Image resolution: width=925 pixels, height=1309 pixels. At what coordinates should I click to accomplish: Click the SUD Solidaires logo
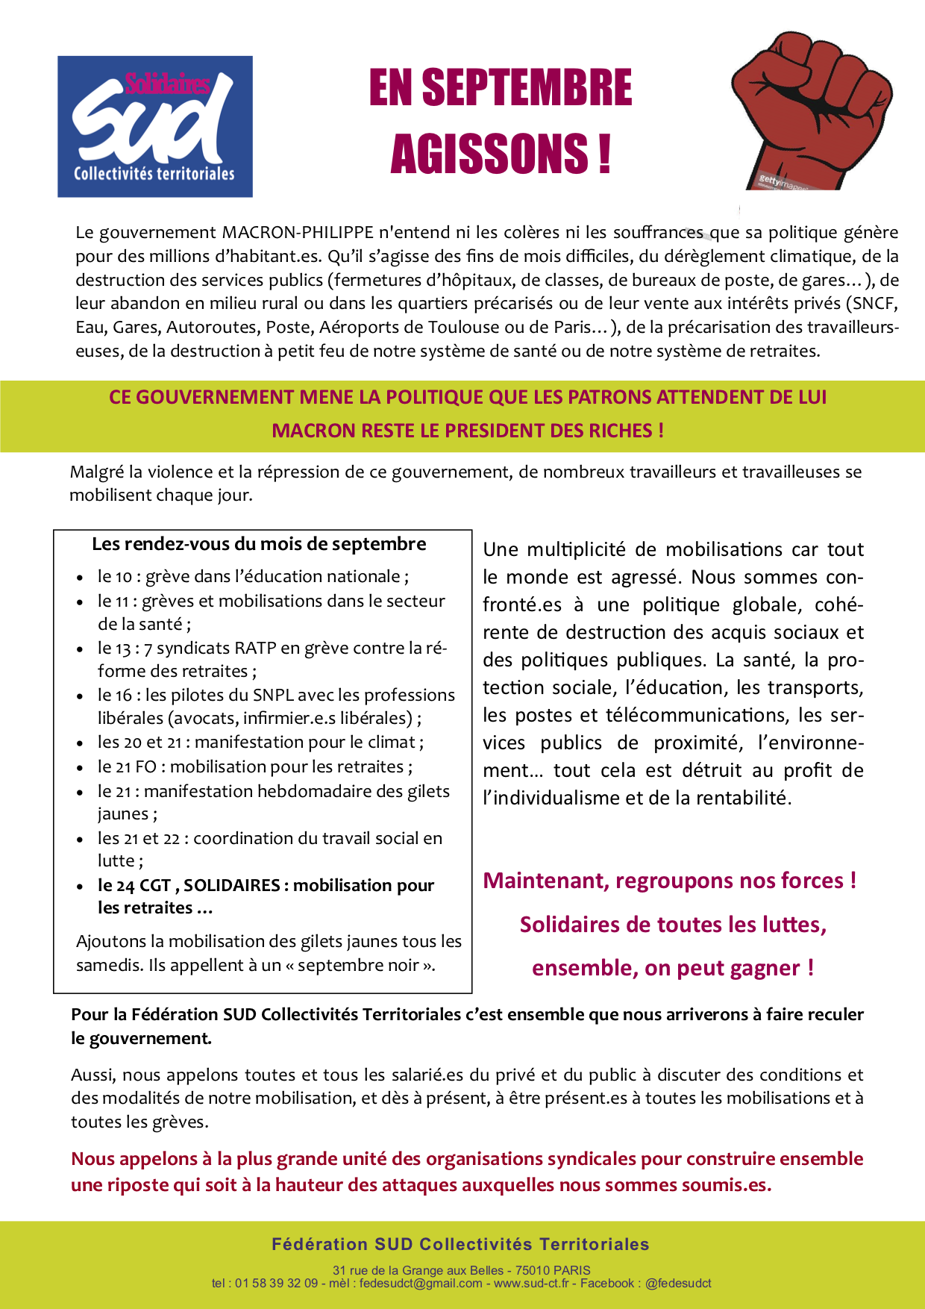155,126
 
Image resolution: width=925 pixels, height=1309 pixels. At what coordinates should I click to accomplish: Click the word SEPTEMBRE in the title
527,88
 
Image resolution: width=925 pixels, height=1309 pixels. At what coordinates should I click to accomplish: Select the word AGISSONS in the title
489,154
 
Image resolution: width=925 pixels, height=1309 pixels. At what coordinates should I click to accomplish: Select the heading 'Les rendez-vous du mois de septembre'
259,544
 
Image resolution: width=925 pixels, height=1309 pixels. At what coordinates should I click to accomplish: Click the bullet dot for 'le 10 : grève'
80,578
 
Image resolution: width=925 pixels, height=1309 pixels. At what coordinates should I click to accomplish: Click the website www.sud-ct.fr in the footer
531,1284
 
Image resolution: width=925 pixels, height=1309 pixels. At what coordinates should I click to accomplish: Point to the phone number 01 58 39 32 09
276,1284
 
